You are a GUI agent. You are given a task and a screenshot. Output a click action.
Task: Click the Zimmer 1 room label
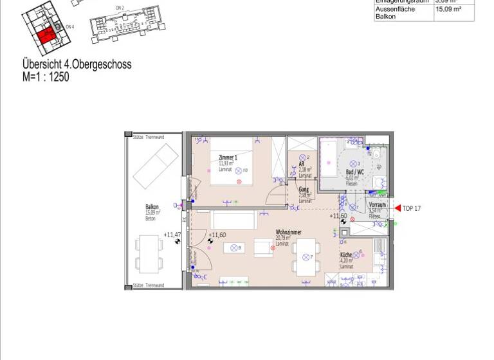228,158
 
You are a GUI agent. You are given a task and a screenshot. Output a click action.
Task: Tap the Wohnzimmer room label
288,232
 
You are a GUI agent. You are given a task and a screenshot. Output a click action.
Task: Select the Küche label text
346,255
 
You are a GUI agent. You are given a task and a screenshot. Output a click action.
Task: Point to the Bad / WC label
355,172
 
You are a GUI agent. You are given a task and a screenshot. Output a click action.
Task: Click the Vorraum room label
377,204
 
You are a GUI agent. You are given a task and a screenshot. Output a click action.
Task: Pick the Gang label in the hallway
304,190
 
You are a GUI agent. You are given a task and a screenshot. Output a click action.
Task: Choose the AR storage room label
302,164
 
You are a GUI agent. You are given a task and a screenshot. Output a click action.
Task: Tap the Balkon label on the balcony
152,207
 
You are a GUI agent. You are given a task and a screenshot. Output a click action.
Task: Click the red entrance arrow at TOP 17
398,208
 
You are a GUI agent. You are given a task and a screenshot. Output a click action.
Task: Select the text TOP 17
412,208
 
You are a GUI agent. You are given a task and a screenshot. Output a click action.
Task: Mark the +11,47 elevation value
172,235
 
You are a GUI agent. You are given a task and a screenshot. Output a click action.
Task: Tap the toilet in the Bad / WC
376,155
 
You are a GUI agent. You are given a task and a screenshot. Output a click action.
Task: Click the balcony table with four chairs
150,253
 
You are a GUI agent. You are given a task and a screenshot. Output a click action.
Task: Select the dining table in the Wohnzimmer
305,255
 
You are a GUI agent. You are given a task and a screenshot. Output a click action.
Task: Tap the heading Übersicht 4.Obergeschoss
77,65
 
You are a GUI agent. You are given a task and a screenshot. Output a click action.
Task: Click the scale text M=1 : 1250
46,77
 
